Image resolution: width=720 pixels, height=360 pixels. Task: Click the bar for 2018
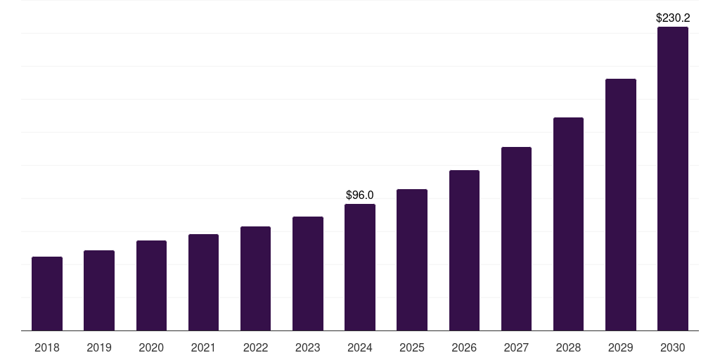pyautogui.click(x=47, y=294)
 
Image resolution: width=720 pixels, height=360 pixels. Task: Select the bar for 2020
pyautogui.click(x=151, y=285)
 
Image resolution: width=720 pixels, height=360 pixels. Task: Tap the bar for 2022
pyautogui.click(x=255, y=278)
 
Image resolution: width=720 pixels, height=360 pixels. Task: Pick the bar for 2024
pyautogui.click(x=360, y=267)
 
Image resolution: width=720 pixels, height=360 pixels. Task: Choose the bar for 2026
pyautogui.click(x=464, y=250)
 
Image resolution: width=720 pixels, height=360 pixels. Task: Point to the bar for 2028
pyautogui.click(x=568, y=224)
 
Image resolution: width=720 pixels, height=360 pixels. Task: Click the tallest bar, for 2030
pyautogui.click(x=673, y=179)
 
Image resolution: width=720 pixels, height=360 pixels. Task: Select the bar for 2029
pyautogui.click(x=621, y=205)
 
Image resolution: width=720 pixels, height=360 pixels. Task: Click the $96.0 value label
pyautogui.click(x=360, y=195)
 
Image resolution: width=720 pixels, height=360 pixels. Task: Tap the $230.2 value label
pyautogui.click(x=673, y=18)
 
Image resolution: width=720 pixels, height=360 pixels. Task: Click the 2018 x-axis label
pyautogui.click(x=47, y=347)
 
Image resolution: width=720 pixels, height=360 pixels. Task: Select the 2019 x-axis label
pyautogui.click(x=99, y=347)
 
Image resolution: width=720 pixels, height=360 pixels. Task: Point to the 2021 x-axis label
pyautogui.click(x=203, y=347)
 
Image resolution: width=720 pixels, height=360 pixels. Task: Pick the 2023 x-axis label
pyautogui.click(x=308, y=347)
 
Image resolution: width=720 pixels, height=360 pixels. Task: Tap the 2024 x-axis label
pyautogui.click(x=360, y=347)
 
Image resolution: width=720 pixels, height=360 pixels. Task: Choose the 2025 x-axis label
pyautogui.click(x=412, y=347)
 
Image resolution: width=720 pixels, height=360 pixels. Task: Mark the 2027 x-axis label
pyautogui.click(x=516, y=347)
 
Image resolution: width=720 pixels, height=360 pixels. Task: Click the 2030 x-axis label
pyautogui.click(x=673, y=347)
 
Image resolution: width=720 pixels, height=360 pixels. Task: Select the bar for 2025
pyautogui.click(x=412, y=260)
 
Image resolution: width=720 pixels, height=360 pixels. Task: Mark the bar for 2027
pyautogui.click(x=516, y=239)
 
